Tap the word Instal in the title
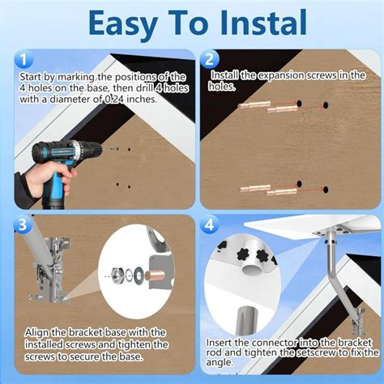[x=262, y=22]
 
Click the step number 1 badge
[x=23, y=59]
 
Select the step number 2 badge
[x=209, y=59]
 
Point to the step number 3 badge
[x=23, y=224]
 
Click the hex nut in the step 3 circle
[x=118, y=275]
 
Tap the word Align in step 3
[x=36, y=333]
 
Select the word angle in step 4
[x=220, y=363]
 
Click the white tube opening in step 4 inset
[x=253, y=269]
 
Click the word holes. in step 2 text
[x=222, y=86]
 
